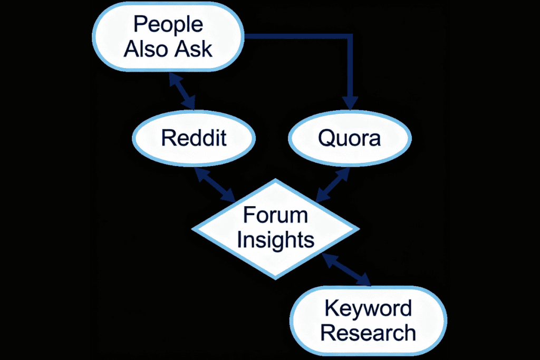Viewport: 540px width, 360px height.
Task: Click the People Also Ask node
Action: tap(168, 37)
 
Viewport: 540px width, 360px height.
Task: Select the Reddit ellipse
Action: tap(194, 138)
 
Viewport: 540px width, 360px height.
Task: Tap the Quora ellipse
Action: tap(349, 138)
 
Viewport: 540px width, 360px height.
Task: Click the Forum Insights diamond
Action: tap(275, 228)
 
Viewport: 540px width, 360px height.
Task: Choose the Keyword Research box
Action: tap(369, 320)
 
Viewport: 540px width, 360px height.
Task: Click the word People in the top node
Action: tap(168, 24)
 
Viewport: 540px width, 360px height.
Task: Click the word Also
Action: tap(146, 49)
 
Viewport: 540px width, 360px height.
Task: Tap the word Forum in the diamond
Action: tap(275, 216)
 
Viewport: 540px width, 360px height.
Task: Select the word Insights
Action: tap(275, 240)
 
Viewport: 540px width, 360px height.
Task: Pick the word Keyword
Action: tap(368, 308)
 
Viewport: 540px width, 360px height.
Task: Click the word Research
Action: tap(368, 333)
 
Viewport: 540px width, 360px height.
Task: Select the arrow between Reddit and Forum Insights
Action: tap(215, 184)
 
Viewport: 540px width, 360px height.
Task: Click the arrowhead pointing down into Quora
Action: tap(350, 101)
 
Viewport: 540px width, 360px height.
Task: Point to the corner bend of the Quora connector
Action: tap(350, 37)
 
